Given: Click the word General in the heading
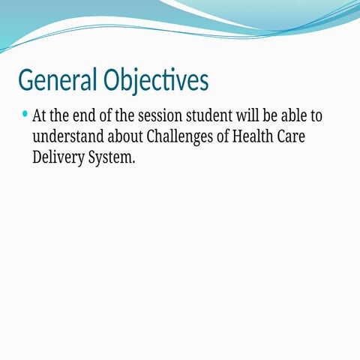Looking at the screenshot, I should [58, 79].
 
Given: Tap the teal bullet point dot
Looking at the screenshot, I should [25, 115].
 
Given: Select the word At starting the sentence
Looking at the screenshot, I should [40, 118].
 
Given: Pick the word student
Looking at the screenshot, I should [211, 118].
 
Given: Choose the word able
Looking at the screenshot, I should [297, 118].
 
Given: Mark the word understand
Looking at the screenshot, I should [69, 138].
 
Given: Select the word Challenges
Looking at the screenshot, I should [184, 138].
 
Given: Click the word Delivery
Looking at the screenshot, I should [58, 158].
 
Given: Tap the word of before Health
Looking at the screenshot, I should [230, 138].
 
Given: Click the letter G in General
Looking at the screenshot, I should [25, 79].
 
